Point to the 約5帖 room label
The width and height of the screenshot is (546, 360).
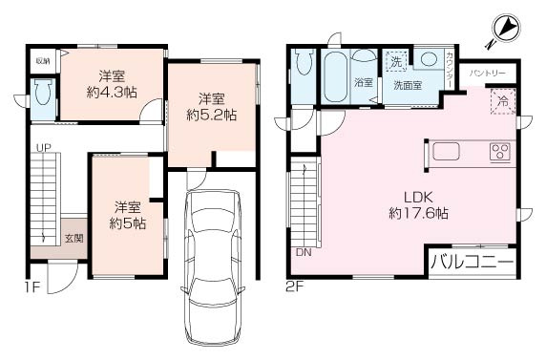click(127, 215)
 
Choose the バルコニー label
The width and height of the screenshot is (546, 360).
click(472, 261)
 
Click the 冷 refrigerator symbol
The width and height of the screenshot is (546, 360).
click(502, 100)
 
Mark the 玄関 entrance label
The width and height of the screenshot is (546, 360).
click(73, 238)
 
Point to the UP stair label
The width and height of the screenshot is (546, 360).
click(43, 148)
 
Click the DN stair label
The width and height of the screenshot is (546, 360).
click(304, 254)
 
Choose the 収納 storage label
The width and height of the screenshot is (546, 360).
click(43, 61)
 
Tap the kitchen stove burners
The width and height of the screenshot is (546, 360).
click(501, 151)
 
